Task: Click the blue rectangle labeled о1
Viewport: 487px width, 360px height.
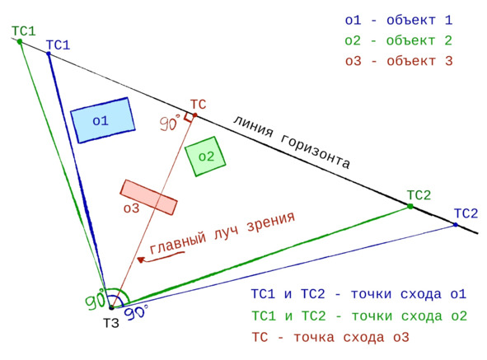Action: click(x=103, y=120)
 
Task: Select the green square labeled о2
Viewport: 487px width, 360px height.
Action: click(x=205, y=157)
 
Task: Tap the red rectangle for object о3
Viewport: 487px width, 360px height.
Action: click(x=149, y=197)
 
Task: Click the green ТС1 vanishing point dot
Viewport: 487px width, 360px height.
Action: click(x=20, y=41)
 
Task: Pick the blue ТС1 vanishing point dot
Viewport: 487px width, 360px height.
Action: click(x=49, y=54)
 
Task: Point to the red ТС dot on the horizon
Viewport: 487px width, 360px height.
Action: click(x=195, y=115)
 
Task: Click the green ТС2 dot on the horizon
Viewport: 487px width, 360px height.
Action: click(x=410, y=206)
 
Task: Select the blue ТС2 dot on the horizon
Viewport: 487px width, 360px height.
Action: click(x=456, y=225)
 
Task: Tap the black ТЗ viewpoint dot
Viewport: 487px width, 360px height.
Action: click(x=111, y=307)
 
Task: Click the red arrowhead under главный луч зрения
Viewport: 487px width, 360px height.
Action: click(x=141, y=259)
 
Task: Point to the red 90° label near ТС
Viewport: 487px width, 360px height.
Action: click(x=170, y=123)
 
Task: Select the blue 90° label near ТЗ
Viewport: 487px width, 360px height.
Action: click(x=137, y=312)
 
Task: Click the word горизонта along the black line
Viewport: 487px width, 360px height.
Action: click(x=316, y=152)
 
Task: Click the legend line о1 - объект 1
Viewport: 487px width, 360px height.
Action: click(x=399, y=21)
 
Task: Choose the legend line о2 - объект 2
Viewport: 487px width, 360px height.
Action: click(x=399, y=40)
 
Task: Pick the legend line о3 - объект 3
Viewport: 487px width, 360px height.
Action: click(x=399, y=61)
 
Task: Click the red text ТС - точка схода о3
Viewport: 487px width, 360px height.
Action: click(x=330, y=337)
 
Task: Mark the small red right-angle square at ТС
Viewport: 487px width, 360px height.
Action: click(x=188, y=118)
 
